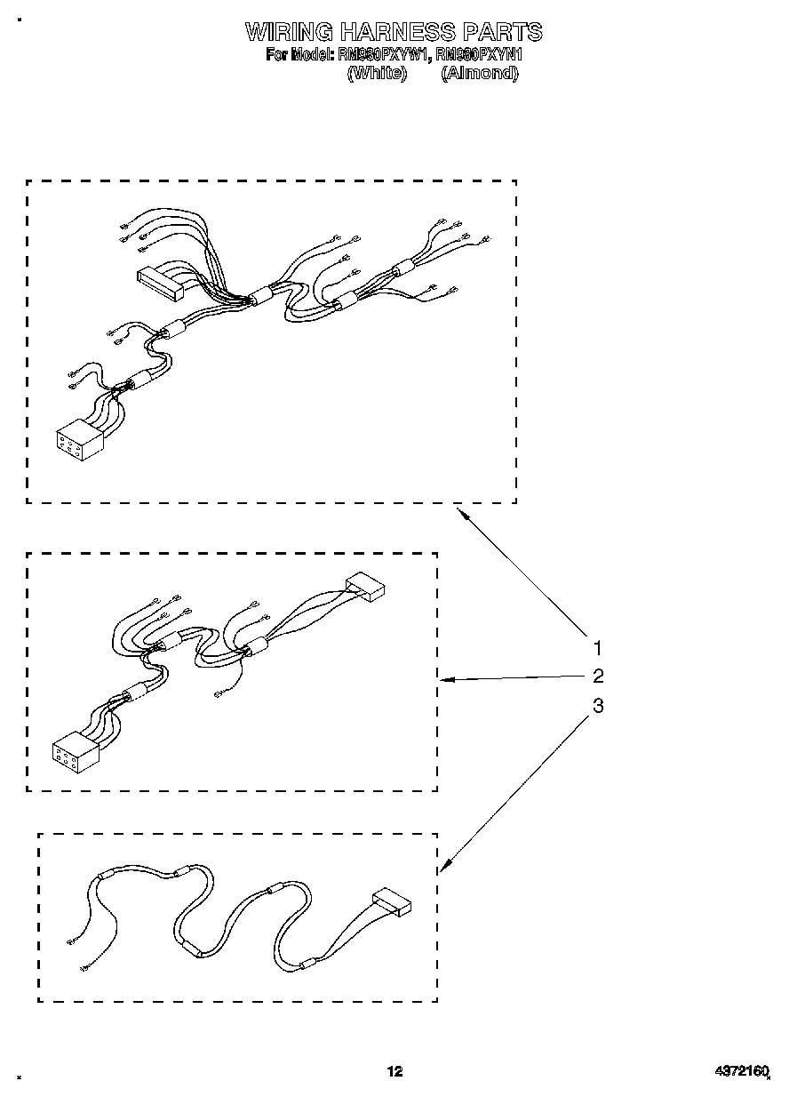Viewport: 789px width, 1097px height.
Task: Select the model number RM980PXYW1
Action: coord(384,55)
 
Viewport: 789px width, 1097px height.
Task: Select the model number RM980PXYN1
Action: coord(480,55)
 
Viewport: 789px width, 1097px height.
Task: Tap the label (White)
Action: coord(377,74)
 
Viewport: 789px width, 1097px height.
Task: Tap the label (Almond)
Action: coord(479,74)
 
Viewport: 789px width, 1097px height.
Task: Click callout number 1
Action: coord(598,647)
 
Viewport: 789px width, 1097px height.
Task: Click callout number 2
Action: coord(598,676)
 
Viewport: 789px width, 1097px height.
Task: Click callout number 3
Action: coord(598,705)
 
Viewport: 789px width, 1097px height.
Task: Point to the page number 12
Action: coord(394,1072)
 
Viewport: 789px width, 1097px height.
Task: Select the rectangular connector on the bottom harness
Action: coord(392,902)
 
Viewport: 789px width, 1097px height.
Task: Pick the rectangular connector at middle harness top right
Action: coord(366,587)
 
